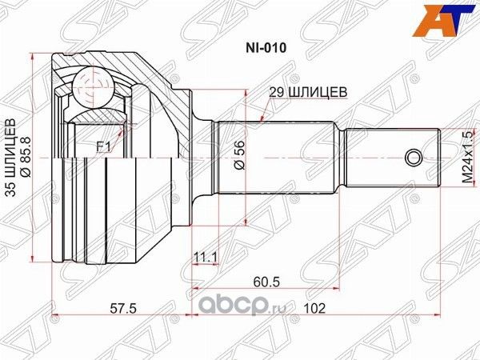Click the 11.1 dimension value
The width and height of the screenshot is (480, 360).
pyautogui.click(x=206, y=255)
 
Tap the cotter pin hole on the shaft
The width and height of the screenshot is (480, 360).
pyautogui.click(x=413, y=155)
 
